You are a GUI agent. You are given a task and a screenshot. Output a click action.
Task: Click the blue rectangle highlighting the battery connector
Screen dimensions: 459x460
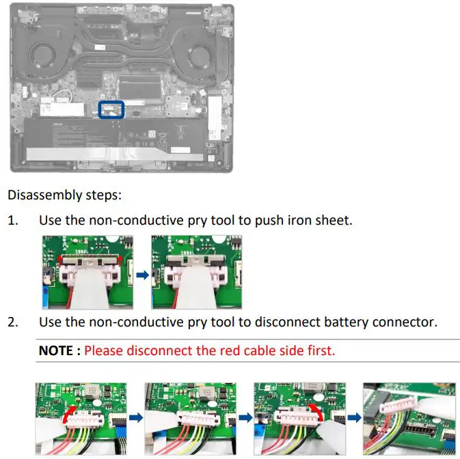111,109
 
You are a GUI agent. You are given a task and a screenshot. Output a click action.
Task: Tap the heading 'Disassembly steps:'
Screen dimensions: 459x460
64,195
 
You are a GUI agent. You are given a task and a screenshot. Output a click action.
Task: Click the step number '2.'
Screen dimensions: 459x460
14,322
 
